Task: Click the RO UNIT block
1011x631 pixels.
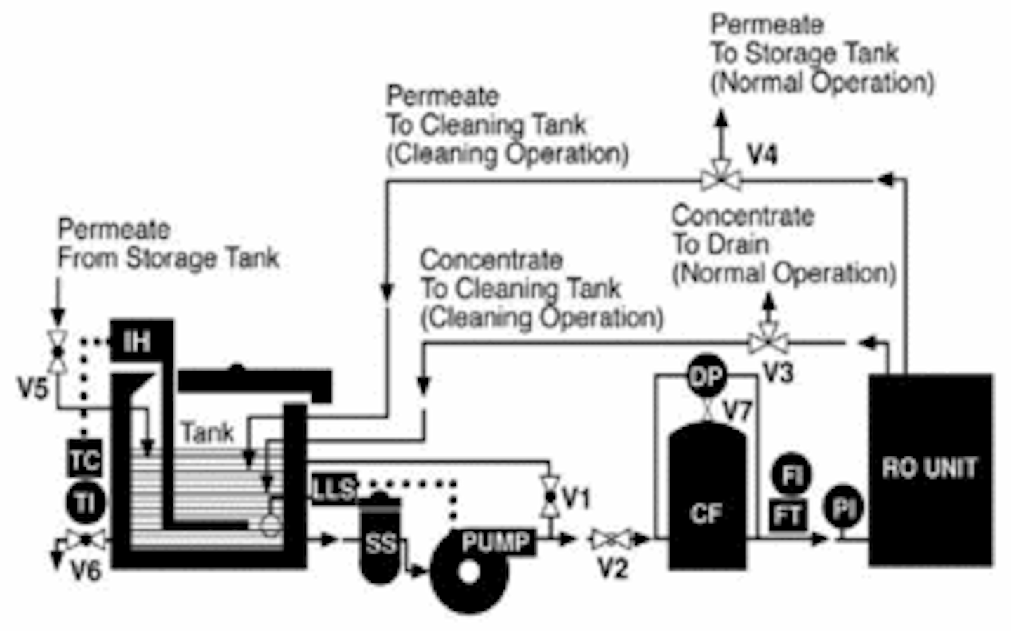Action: (x=930, y=469)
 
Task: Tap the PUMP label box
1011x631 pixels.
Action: (x=496, y=542)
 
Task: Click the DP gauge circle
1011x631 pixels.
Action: (x=706, y=377)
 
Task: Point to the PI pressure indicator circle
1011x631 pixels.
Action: (x=844, y=508)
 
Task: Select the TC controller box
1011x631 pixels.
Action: (x=85, y=460)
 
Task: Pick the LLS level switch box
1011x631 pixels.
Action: (x=333, y=488)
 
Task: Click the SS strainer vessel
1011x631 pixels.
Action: (x=380, y=540)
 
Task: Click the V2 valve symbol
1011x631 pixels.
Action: (x=609, y=539)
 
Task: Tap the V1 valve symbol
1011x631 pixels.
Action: (x=550, y=496)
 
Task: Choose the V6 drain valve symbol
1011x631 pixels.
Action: (x=86, y=540)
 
